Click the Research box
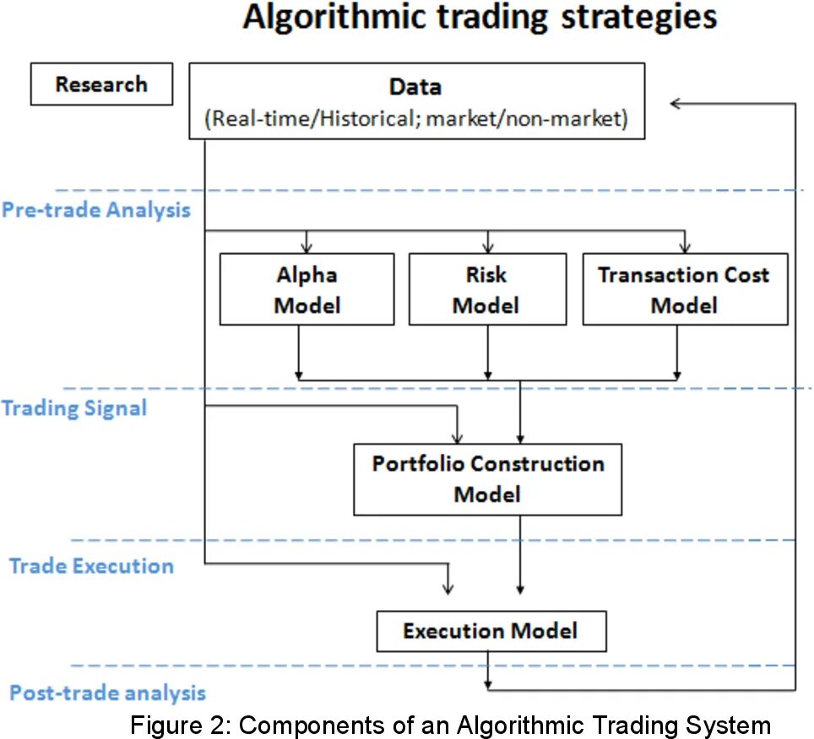click(x=100, y=85)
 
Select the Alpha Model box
click(x=307, y=289)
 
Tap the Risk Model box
click(x=486, y=289)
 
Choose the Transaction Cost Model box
click(x=684, y=289)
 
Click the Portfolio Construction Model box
click(x=488, y=478)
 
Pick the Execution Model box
click(x=491, y=631)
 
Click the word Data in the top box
click(x=415, y=87)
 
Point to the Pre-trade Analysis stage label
click(x=95, y=210)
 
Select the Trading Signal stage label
click(x=74, y=408)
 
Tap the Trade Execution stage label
click(x=91, y=565)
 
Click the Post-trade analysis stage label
click(x=107, y=693)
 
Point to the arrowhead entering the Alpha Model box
click(x=307, y=246)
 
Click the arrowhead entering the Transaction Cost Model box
click(x=685, y=246)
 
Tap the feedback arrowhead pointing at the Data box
click(x=676, y=103)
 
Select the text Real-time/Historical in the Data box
click(x=314, y=118)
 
